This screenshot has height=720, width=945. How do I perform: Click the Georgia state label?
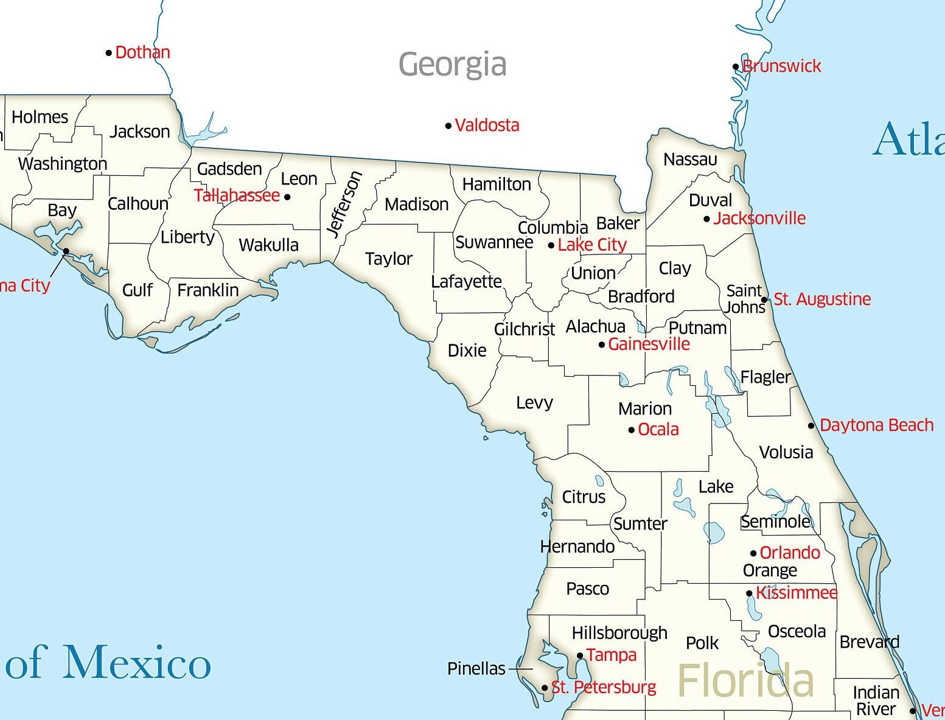point(452,65)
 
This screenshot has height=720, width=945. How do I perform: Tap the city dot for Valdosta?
point(448,126)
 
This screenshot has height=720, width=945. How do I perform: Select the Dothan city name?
point(142,52)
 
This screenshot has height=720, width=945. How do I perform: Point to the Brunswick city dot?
point(736,67)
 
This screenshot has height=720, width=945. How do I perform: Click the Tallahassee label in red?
point(237,195)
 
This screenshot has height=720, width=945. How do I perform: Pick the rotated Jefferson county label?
point(344,203)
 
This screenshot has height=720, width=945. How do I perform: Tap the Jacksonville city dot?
point(706,219)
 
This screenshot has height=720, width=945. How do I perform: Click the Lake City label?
point(592,245)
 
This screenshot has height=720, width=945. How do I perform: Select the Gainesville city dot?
point(602,345)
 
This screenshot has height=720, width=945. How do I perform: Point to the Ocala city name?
point(658,430)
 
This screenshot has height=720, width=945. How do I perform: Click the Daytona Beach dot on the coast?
point(811,425)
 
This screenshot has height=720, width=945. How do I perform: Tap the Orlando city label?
point(790,553)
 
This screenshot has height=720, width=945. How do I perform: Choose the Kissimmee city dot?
point(750,593)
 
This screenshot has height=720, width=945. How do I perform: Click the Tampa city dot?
point(580,655)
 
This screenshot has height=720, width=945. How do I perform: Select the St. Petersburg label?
point(604,688)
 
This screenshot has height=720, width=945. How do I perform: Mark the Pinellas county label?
point(476,669)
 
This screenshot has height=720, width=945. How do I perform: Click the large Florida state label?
point(745,680)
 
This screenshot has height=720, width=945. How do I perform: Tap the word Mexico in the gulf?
point(138,662)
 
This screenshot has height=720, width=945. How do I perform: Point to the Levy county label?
point(534,403)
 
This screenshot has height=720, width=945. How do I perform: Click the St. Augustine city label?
point(822,299)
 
